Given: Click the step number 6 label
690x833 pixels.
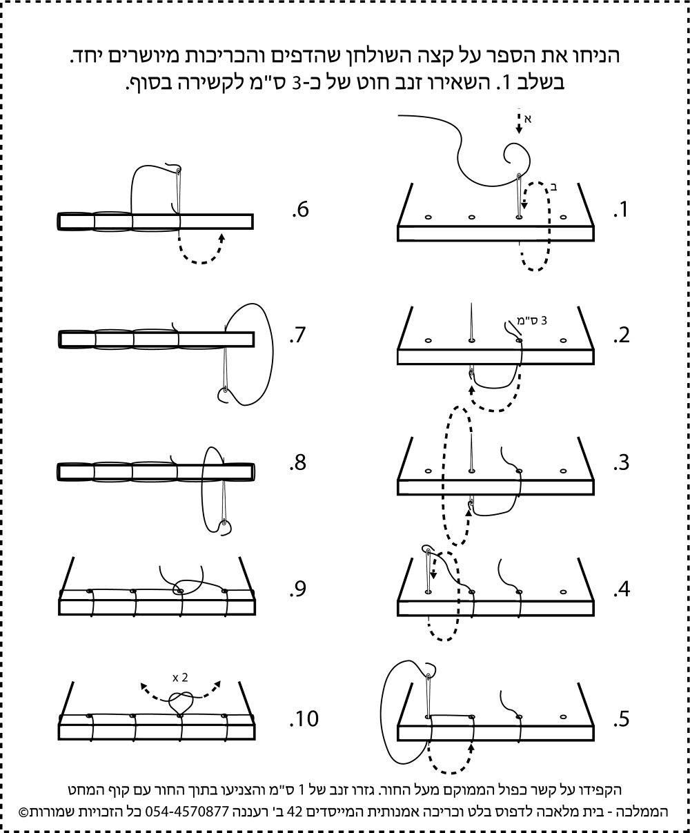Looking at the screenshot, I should pyautogui.click(x=299, y=210).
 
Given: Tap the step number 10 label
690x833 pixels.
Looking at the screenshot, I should pyautogui.click(x=304, y=719).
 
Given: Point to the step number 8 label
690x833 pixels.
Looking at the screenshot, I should pyautogui.click(x=298, y=463).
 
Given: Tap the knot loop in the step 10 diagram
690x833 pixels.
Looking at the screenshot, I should pyautogui.click(x=181, y=704).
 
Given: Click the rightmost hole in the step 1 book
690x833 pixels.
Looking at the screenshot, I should pyautogui.click(x=563, y=217).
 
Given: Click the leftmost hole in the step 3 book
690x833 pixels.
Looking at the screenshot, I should pyautogui.click(x=428, y=471).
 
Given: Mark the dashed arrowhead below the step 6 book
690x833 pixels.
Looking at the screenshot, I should pyautogui.click(x=221, y=237).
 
